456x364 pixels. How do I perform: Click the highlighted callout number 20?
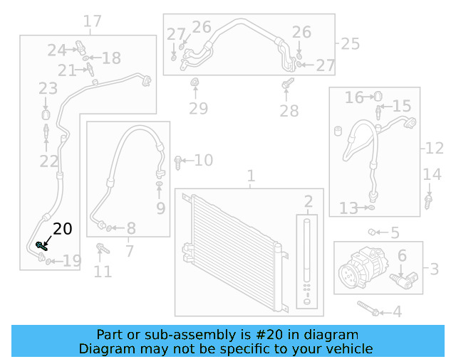coord(63,229)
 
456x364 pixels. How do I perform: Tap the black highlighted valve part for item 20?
coord(41,245)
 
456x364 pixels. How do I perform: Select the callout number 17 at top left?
coord(92,22)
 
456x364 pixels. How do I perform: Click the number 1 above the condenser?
coord(250,176)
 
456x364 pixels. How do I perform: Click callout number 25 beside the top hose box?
coord(350,44)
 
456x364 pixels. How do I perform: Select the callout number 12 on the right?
coord(435,149)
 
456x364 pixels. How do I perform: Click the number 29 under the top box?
coord(198,109)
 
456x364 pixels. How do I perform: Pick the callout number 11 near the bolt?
coord(103,271)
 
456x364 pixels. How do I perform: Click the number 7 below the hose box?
coord(129,250)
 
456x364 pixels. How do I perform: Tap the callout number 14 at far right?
coord(432,175)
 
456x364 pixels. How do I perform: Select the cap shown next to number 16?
coord(378,95)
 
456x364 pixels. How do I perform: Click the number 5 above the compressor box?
coord(394,232)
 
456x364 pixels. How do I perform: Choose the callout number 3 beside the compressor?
coord(434,269)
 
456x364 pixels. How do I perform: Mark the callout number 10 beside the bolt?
coord(203,161)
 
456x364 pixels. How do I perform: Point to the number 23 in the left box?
coord(48,89)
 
